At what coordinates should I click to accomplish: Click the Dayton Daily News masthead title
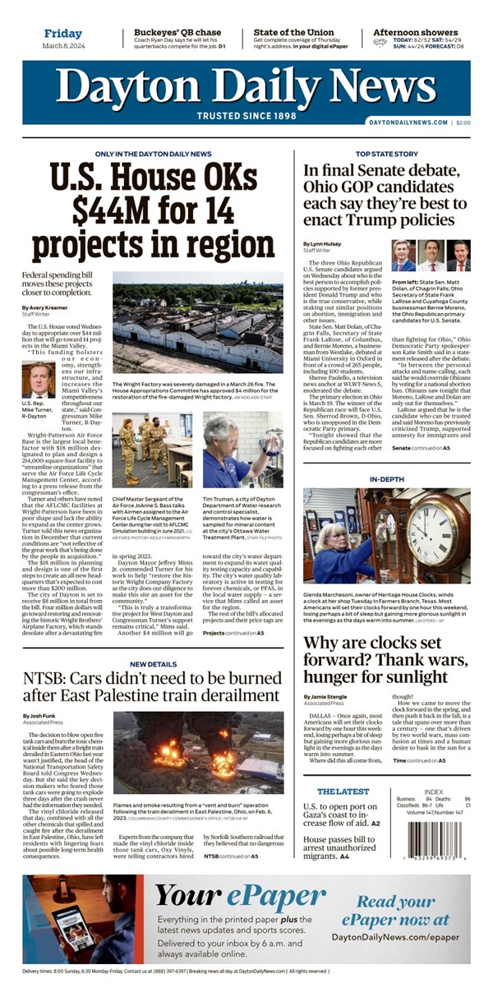[246, 86]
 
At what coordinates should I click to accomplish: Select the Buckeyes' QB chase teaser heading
[177, 33]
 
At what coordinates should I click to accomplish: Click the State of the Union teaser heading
[293, 33]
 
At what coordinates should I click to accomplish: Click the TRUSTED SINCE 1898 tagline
[246, 116]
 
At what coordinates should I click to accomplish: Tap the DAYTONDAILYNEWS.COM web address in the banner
[408, 122]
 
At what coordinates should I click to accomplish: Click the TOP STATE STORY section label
[386, 154]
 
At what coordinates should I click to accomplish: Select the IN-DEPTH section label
[386, 478]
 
